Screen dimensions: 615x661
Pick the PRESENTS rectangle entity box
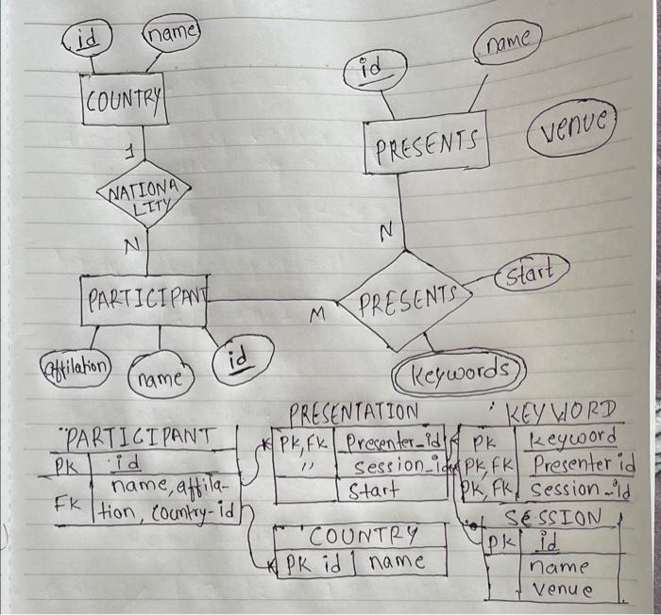(x=426, y=147)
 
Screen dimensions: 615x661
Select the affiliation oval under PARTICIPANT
(x=76, y=364)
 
